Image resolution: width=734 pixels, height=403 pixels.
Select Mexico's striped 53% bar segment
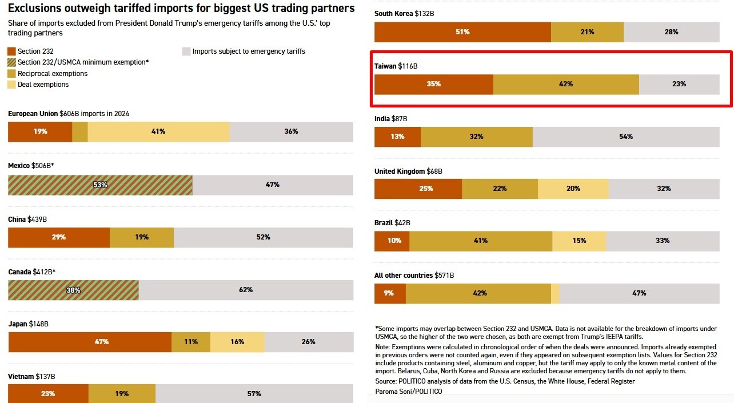[x=100, y=185]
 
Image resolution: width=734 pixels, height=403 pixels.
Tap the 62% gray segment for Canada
[x=246, y=290]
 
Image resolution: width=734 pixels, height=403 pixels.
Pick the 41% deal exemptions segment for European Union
[x=158, y=131]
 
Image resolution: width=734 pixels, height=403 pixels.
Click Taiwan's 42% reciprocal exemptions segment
[x=566, y=84]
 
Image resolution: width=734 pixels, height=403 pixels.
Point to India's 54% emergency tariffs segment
[x=626, y=137]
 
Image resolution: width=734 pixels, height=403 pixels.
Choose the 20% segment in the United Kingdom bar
[x=573, y=189]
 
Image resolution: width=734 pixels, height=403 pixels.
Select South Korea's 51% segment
[x=462, y=32]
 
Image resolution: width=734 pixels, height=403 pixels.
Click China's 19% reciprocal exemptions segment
[x=142, y=237]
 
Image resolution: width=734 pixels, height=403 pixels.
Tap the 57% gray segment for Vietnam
[x=254, y=393]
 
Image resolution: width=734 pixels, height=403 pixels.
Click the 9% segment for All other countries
[x=390, y=293]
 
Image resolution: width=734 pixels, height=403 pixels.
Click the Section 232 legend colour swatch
[x=12, y=51]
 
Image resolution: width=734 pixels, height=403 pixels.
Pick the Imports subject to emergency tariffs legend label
[x=249, y=51]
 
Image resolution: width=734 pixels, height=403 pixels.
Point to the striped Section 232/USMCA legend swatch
[x=12, y=62]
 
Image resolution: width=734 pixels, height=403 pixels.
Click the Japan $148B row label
[x=29, y=324]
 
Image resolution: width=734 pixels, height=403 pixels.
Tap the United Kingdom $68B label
[x=408, y=171]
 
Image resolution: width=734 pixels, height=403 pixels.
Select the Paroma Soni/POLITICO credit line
[x=409, y=392]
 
